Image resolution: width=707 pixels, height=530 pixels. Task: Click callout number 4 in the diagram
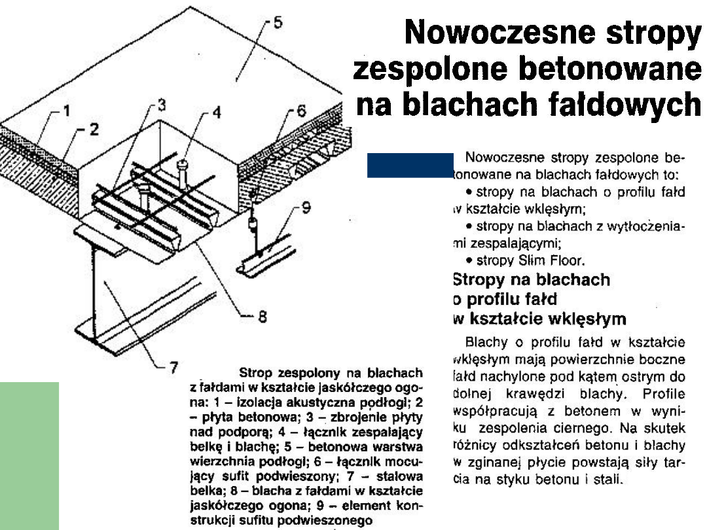coord(217,113)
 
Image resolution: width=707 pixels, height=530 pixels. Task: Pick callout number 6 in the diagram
coord(300,111)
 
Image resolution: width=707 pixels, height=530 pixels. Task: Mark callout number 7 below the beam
coord(173,368)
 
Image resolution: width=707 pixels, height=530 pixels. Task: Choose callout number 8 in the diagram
coord(262,318)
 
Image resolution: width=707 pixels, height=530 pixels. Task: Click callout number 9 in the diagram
coord(305,209)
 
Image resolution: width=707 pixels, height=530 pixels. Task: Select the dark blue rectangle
coord(410,166)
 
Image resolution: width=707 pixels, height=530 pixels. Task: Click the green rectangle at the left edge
coord(29,455)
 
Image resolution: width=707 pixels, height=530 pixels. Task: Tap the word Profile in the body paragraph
coord(664,395)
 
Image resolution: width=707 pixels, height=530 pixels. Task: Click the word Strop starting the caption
coord(259,374)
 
